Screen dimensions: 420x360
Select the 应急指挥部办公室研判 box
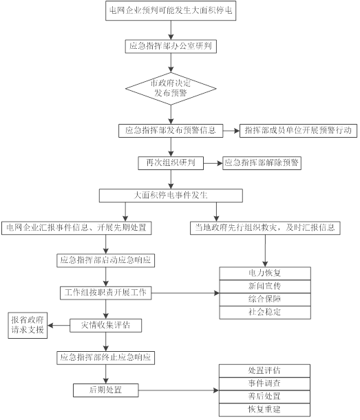click(171, 47)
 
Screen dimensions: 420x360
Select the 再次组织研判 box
click(171, 163)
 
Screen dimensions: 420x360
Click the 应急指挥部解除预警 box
click(262, 163)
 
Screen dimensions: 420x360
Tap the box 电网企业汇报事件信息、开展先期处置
click(77, 228)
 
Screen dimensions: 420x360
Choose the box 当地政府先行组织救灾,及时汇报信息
click(266, 228)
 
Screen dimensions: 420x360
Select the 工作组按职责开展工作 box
click(105, 293)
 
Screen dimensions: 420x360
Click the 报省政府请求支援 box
click(27, 324)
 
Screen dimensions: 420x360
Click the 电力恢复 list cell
click(264, 273)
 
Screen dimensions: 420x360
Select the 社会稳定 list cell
click(264, 312)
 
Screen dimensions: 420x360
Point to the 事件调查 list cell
click(264, 384)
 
